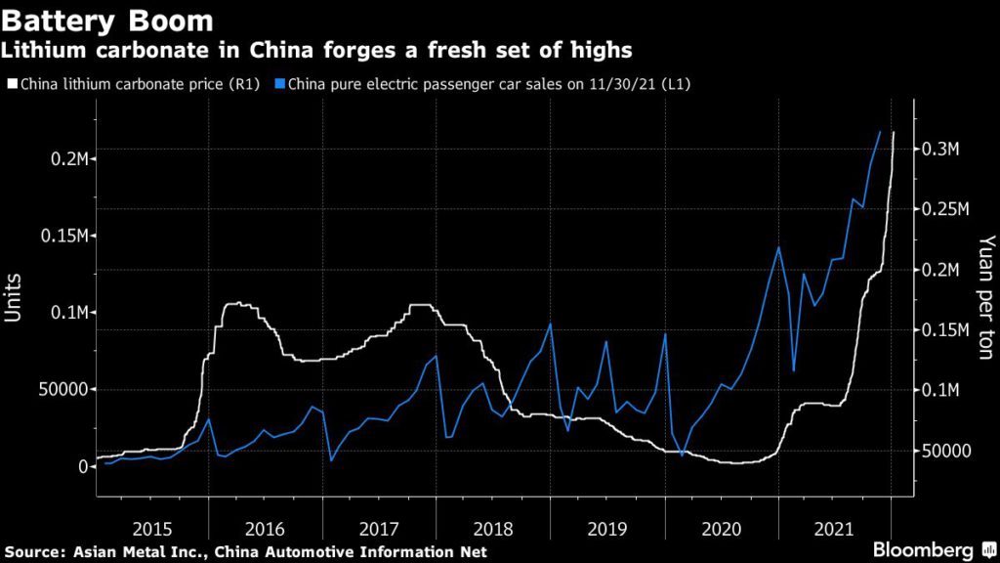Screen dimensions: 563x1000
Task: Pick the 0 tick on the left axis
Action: point(82,466)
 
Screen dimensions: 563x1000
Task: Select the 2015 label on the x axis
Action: point(152,529)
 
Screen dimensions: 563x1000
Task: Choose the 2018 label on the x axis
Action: point(493,529)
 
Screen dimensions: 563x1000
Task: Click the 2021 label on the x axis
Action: point(835,529)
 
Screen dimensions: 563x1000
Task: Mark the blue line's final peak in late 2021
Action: point(880,131)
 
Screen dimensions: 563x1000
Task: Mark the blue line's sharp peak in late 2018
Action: point(550,324)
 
